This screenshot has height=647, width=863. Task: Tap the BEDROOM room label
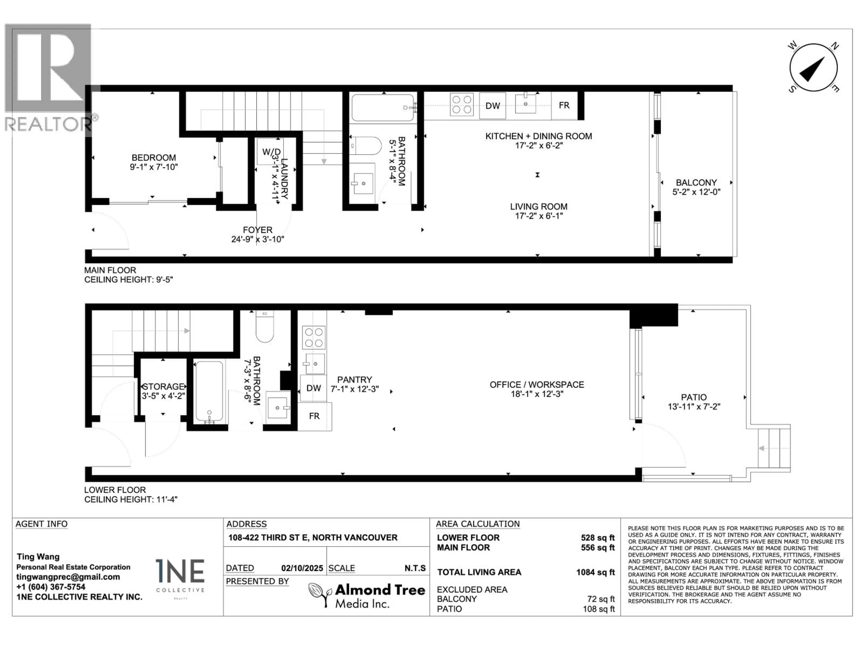[154, 157]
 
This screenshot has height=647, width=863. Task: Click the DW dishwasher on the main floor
[492, 106]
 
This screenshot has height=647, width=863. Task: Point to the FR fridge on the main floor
[564, 105]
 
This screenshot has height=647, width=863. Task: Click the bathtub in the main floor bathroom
[383, 108]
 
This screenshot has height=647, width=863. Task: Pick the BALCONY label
[696, 182]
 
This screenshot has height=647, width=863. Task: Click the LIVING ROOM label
[539, 207]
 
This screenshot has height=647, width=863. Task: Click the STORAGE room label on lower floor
[163, 386]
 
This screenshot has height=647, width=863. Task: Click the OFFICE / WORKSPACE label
[537, 385]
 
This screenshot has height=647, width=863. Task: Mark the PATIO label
[694, 397]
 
